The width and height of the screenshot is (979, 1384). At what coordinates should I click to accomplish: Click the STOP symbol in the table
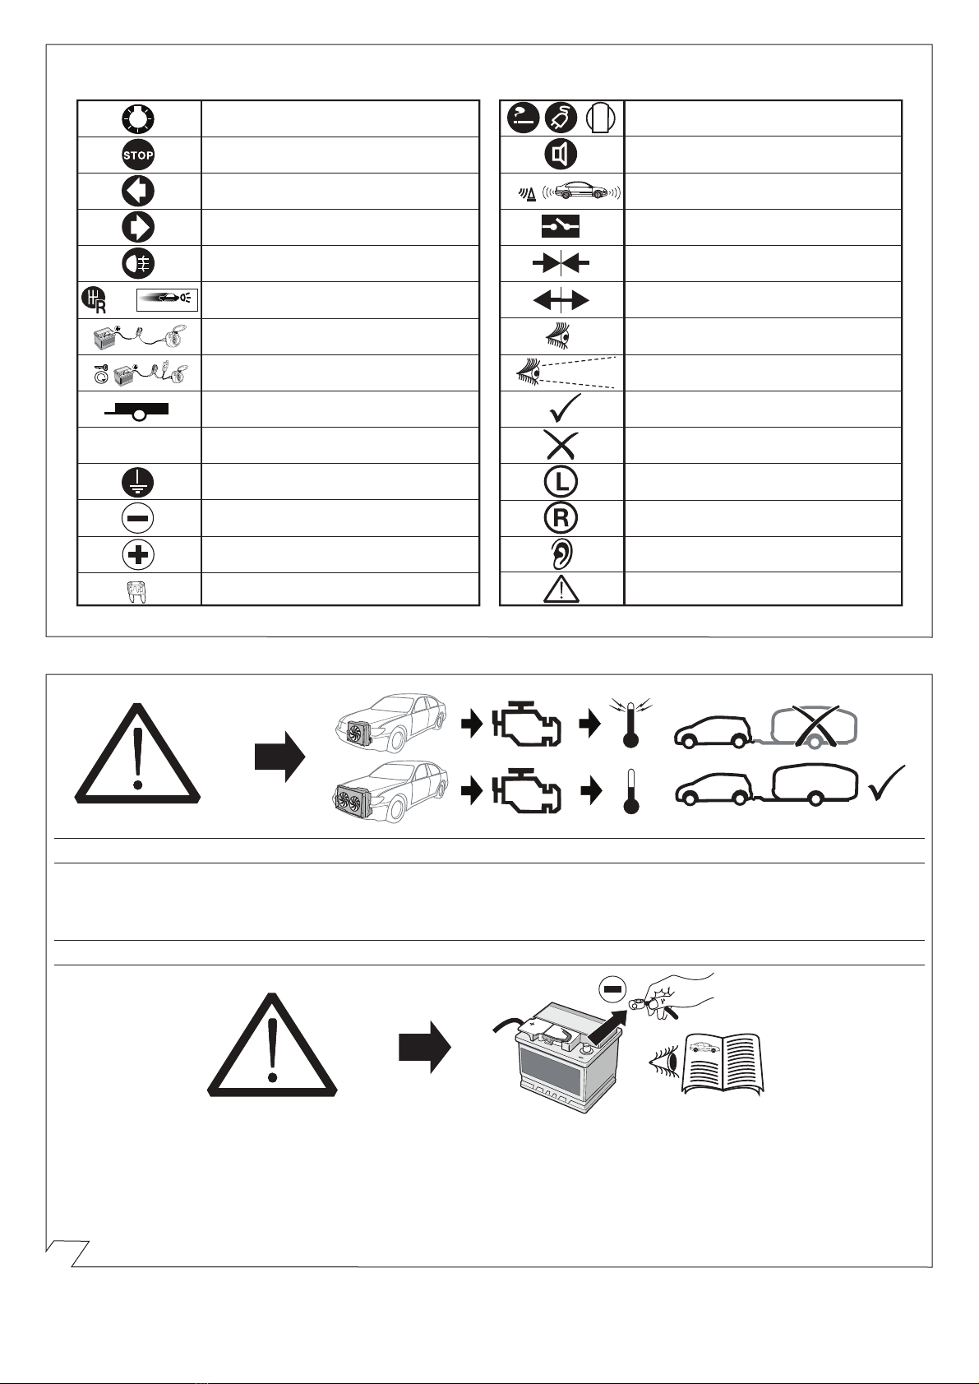point(138,155)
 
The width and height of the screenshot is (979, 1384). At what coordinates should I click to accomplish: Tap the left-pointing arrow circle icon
point(138,191)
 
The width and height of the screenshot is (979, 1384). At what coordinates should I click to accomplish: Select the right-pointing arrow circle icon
point(138,227)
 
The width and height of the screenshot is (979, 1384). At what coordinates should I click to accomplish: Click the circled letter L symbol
point(561,482)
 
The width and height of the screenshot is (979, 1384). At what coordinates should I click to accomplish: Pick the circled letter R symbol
point(561,518)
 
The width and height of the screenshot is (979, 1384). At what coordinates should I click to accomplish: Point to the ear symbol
point(561,554)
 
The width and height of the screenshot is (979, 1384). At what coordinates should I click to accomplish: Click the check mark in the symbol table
point(564,409)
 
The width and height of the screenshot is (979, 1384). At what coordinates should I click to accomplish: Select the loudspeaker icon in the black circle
point(561,155)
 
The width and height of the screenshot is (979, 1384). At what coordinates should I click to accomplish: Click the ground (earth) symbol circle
point(138,482)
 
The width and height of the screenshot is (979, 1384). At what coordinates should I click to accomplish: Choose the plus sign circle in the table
point(138,554)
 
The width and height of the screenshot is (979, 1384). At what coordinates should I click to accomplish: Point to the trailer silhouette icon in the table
point(137,411)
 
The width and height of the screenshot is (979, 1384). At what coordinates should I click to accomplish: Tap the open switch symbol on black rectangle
point(561,227)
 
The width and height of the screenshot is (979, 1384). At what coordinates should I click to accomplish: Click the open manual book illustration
point(722,1062)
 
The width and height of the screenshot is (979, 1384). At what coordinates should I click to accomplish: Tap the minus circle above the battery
point(612,989)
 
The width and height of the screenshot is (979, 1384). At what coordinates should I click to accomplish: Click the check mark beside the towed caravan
point(887,783)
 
